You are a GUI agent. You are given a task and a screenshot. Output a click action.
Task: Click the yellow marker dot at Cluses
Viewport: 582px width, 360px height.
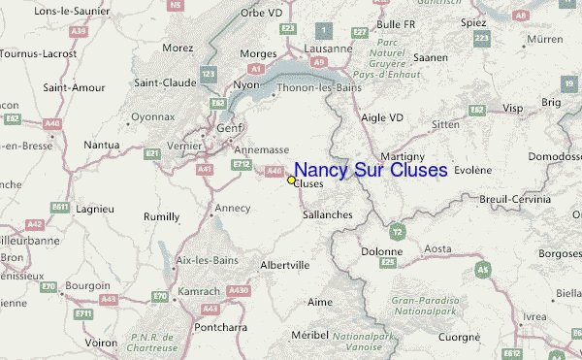(x=291, y=180)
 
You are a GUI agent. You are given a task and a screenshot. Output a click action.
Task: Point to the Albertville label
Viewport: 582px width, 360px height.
(x=285, y=264)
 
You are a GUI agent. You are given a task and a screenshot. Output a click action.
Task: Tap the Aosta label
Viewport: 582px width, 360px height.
(x=437, y=248)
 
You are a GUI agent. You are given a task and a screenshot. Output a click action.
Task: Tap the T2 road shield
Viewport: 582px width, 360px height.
(x=397, y=232)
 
